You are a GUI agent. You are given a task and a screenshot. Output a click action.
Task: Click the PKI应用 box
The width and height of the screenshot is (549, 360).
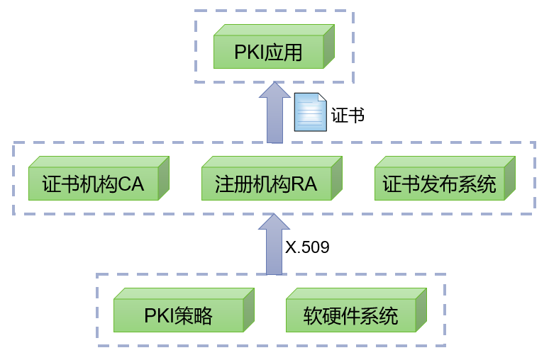pos(269,52)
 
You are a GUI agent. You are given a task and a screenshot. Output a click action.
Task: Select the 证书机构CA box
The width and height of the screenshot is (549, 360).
pos(93,184)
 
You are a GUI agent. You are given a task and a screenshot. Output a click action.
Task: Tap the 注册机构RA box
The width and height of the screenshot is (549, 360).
pos(266,184)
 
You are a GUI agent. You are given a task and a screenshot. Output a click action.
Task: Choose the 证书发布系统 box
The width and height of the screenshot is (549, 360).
pos(439,184)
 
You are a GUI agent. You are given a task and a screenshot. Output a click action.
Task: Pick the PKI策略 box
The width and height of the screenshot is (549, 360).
pos(178,315)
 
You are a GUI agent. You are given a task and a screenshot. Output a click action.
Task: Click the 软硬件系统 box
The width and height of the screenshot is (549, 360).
pos(350,315)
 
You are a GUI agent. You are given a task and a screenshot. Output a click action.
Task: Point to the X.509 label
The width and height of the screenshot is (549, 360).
pos(307,247)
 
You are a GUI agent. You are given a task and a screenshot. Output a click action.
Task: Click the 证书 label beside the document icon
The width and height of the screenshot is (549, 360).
pos(348,115)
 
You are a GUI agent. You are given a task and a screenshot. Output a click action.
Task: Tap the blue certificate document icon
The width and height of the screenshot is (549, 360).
pos(310,112)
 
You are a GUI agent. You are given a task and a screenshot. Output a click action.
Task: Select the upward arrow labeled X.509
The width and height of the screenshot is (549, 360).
pos(273,244)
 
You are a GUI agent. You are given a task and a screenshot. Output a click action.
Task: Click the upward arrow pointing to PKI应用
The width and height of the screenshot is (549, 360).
pos(274,113)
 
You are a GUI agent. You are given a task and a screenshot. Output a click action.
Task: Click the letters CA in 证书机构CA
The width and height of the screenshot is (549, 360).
pos(131,185)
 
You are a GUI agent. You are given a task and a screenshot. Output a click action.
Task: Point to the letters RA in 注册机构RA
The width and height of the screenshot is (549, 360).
pos(304,185)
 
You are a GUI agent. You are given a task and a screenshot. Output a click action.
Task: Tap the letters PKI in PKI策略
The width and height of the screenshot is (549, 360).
pos(160,315)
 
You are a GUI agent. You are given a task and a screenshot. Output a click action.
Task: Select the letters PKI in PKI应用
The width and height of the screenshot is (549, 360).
pos(249,53)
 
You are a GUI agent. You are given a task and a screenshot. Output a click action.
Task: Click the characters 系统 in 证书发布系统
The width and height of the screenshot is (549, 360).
pos(478,185)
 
